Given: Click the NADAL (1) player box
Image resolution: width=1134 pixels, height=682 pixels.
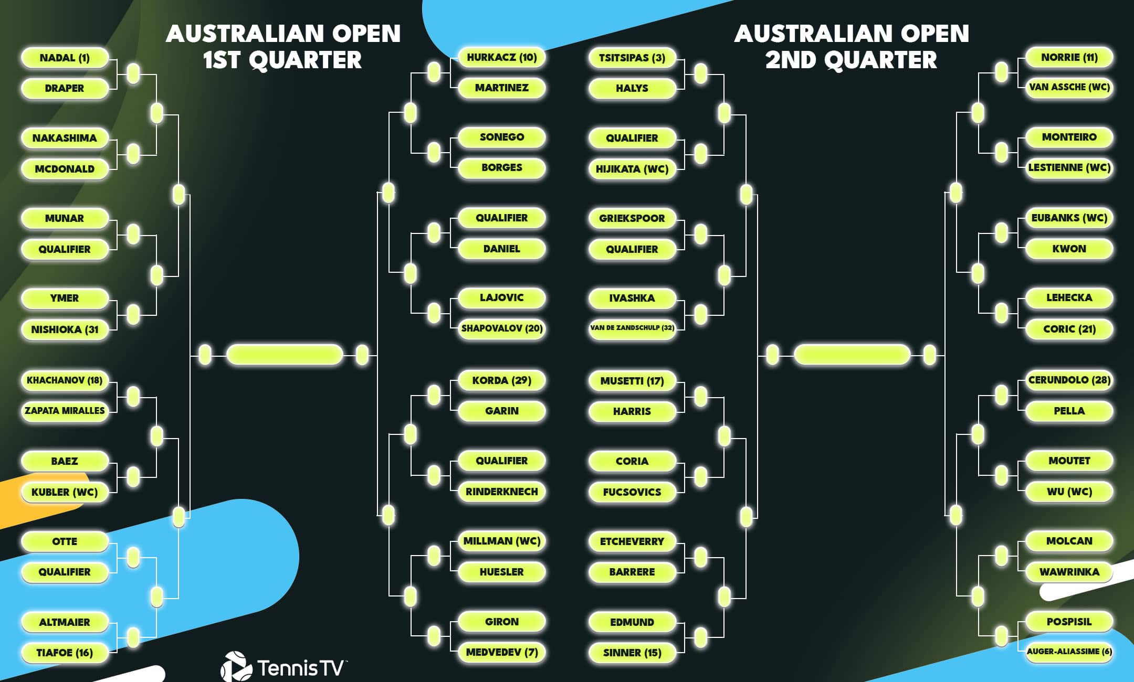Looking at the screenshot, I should tap(65, 58).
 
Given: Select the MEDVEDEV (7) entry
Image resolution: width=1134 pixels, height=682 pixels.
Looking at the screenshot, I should tap(501, 652).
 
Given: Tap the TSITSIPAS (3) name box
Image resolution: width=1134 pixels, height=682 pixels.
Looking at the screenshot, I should tap(632, 58).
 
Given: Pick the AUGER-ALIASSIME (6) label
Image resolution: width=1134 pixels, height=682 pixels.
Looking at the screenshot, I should tap(1069, 652).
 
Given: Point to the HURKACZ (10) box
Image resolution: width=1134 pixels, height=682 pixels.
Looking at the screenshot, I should tap(501, 57).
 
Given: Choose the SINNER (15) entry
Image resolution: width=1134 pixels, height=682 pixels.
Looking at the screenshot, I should tap(632, 653).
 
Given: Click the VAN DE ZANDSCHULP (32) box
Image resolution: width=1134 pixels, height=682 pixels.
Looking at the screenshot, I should tap(632, 328).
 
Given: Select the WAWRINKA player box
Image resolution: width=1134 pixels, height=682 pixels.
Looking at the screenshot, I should tap(1069, 572).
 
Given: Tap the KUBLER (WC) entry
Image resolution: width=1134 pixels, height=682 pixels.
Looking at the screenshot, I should tap(65, 492).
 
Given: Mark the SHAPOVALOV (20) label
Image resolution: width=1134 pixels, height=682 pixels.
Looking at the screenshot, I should tap(501, 328).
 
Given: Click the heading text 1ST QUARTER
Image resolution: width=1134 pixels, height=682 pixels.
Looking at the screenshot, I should tap(282, 60).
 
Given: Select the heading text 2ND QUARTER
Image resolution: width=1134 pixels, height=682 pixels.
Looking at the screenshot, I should tap(850, 60).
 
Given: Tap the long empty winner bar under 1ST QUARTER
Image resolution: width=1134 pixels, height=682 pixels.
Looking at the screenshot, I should tap(284, 355).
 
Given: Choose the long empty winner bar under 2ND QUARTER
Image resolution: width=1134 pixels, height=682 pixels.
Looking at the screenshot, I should tap(852, 355).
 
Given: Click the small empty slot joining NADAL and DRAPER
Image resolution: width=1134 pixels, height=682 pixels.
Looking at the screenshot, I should tap(133, 73).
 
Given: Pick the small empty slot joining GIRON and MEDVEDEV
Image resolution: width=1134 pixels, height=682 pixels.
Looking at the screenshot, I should tap(434, 636).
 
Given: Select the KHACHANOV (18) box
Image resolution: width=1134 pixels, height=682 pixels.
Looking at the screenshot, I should tap(65, 380).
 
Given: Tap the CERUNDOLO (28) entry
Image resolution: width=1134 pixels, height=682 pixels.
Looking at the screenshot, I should tap(1069, 380).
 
